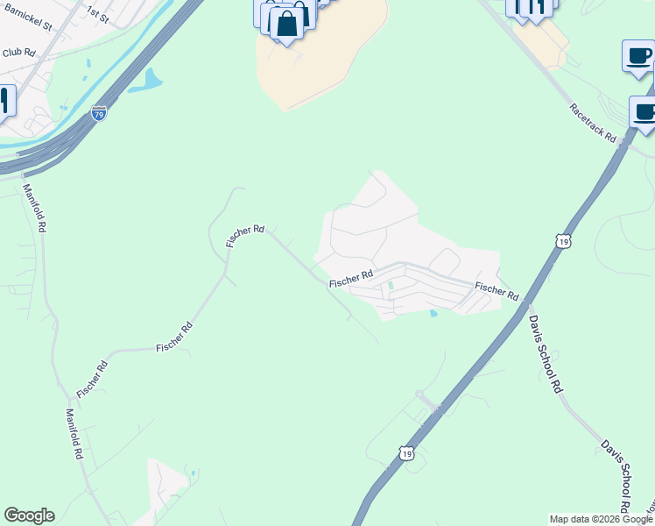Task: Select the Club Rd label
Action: [x=18, y=53]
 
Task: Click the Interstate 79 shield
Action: [x=99, y=113]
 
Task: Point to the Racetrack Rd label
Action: [x=593, y=124]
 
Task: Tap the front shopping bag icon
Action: [x=286, y=25]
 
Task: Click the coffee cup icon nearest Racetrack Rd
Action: [x=644, y=114]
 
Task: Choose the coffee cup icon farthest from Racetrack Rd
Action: [x=638, y=57]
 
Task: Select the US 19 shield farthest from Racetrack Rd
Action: [x=405, y=452]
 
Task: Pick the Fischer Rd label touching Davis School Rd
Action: [x=497, y=290]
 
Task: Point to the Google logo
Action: [x=29, y=515]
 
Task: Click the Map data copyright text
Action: [x=601, y=519]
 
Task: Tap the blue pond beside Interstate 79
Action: [x=147, y=82]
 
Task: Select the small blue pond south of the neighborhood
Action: [x=433, y=313]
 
